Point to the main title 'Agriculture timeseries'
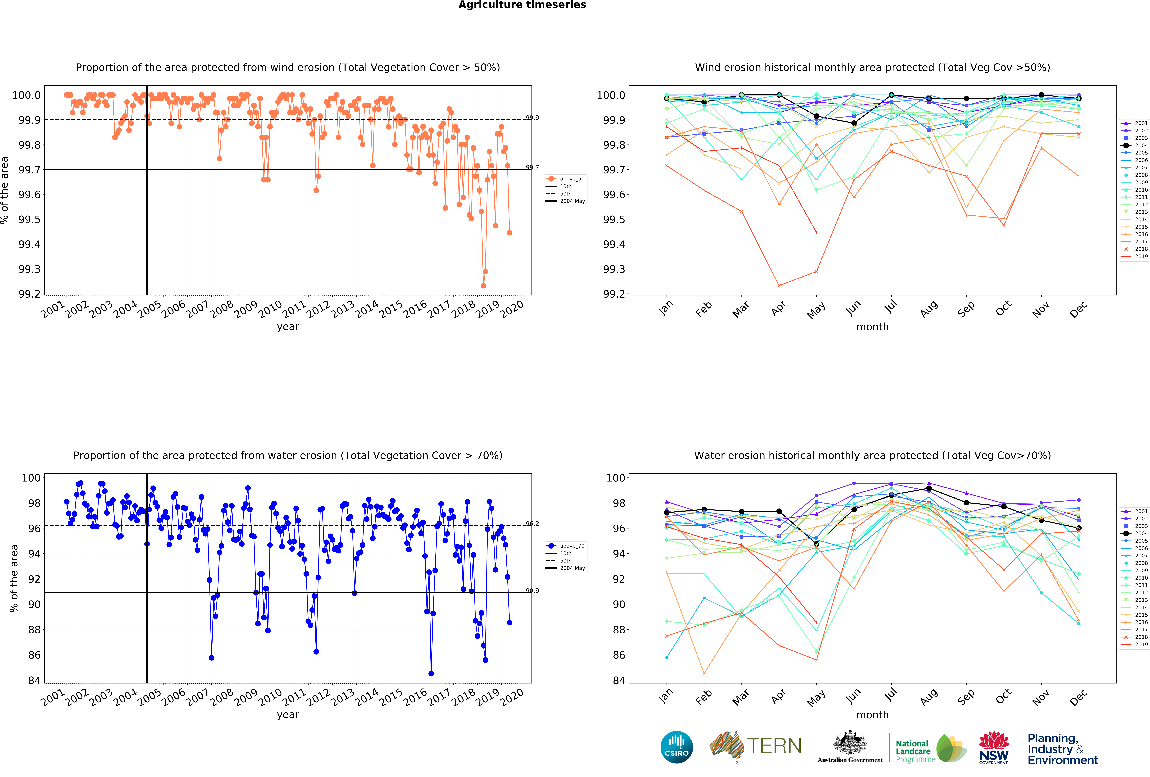point(522,5)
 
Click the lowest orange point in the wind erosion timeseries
point(483,286)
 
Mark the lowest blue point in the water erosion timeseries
point(431,674)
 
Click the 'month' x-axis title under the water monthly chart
point(872,715)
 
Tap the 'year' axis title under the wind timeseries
point(288,327)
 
